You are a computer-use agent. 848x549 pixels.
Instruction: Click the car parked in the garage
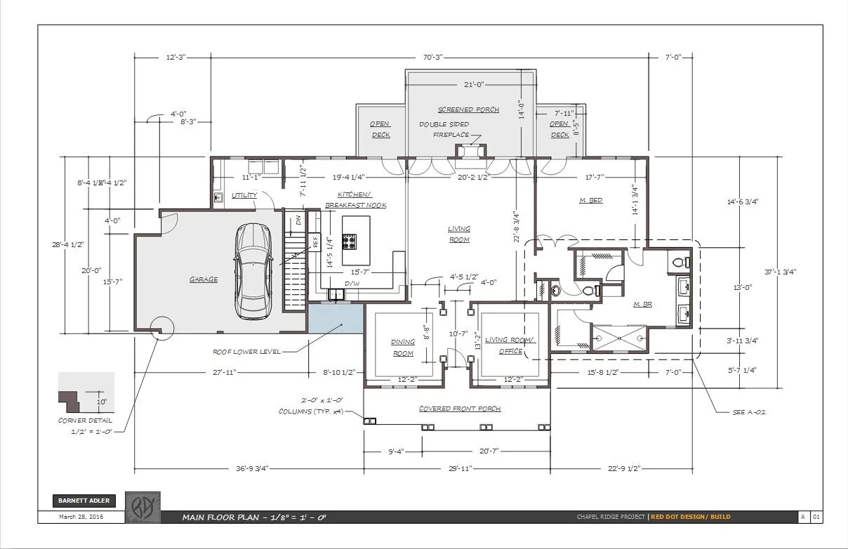253,271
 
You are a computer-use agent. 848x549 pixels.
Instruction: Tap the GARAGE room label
204,279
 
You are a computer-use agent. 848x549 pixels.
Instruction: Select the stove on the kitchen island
349,242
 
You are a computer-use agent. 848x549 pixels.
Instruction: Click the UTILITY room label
244,195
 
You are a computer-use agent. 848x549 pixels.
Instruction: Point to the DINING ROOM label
403,348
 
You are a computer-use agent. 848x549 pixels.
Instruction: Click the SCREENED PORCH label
469,110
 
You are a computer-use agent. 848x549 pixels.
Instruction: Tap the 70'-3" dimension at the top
432,57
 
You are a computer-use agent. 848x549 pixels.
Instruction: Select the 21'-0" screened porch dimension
474,84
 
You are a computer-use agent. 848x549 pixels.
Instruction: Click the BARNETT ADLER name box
84,501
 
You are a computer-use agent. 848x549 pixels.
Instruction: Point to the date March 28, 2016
81,517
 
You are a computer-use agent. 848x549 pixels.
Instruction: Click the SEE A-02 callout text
749,412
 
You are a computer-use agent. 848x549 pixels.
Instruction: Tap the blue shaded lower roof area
336,319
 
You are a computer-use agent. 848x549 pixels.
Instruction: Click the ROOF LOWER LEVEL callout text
247,352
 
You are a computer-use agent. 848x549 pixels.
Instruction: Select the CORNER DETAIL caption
85,421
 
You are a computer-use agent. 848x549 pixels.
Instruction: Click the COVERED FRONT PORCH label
460,409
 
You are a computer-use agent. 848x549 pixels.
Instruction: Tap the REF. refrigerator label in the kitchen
315,242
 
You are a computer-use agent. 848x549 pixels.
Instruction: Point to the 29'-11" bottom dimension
461,468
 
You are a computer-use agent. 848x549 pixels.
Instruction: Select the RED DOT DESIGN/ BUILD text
691,517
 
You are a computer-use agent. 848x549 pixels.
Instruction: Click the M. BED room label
591,200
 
